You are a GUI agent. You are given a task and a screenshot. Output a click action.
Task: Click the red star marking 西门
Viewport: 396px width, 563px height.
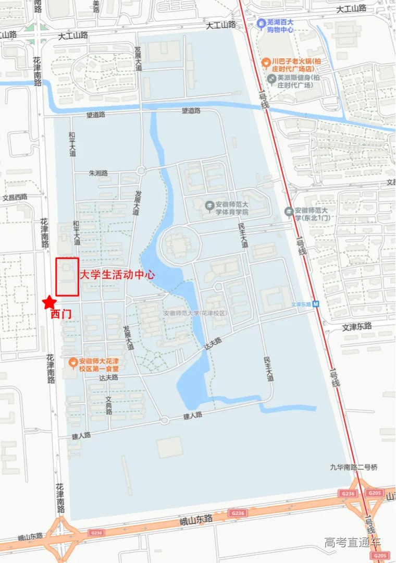(49, 302)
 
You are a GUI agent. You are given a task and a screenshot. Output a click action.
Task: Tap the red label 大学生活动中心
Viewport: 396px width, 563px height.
(117, 275)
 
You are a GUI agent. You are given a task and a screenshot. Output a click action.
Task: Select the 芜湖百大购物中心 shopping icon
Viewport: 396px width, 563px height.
(261, 23)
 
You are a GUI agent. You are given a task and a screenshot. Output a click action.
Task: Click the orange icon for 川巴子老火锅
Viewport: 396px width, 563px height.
(266, 62)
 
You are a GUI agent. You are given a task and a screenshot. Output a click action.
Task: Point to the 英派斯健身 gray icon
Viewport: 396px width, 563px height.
(271, 78)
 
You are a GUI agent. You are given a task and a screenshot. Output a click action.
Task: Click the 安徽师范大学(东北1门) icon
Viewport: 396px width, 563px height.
(289, 212)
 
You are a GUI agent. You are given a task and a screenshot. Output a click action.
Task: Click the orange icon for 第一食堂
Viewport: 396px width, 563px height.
(73, 361)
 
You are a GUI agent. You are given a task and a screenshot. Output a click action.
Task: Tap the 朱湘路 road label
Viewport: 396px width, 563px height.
(98, 173)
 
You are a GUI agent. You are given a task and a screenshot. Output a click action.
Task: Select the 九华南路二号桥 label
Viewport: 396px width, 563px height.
(353, 468)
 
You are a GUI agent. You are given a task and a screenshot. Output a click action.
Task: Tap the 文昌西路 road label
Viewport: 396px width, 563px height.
(15, 198)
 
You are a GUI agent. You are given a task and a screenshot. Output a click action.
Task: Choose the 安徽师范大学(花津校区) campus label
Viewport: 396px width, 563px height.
(195, 313)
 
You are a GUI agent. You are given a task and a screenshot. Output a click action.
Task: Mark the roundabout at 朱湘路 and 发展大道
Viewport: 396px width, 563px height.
(141, 170)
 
